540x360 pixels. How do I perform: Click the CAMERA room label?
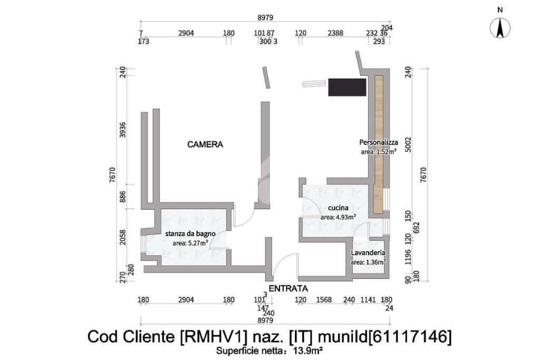point(206,144)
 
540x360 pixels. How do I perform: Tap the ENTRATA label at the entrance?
point(288,288)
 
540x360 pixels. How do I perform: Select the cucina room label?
point(338,208)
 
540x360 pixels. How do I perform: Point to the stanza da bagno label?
point(190,234)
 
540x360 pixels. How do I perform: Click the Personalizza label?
point(378,142)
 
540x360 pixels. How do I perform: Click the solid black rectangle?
point(347,86)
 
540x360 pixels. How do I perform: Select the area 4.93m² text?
point(338,217)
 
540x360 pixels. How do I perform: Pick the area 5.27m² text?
point(190,243)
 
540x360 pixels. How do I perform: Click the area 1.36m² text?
point(368,261)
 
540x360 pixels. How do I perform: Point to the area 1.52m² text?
point(378,151)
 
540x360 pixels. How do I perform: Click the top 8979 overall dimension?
point(265,17)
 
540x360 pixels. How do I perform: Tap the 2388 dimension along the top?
point(335,33)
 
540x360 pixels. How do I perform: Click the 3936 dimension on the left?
point(123,130)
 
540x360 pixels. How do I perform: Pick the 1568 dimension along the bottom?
point(324,300)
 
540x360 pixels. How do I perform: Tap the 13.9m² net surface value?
point(308,350)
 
